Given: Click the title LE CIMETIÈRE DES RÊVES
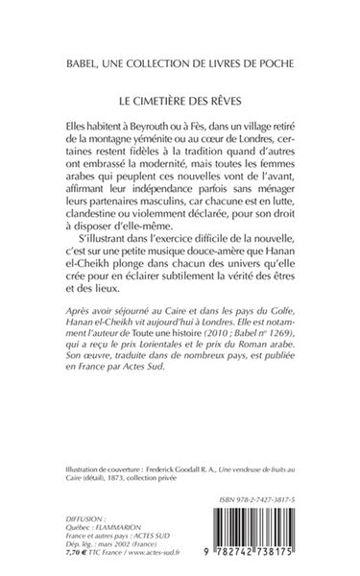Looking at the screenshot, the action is (x=180, y=99).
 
